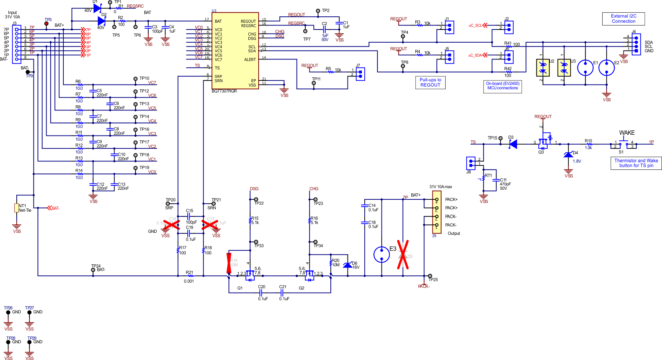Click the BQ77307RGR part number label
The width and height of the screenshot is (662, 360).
tap(224, 91)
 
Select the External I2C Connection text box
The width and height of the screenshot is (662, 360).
tap(623, 19)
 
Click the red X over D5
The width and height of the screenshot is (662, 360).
tap(403, 255)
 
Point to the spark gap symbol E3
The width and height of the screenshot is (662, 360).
tap(381, 254)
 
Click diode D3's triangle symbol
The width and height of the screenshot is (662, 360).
tap(513, 144)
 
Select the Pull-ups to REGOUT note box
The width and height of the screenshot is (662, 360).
tap(430, 83)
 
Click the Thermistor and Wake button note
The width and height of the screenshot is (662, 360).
tap(636, 163)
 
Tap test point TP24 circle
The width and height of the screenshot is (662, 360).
tap(93, 270)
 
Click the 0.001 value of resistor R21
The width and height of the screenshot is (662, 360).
tap(189, 281)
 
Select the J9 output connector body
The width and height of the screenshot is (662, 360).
tap(437, 212)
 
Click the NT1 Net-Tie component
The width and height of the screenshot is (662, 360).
tap(17, 208)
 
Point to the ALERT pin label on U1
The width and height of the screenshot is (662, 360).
tap(250, 60)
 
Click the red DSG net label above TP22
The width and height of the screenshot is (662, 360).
tap(254, 189)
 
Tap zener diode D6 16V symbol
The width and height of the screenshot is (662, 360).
tap(348, 265)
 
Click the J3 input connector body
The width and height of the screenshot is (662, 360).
tap(16, 43)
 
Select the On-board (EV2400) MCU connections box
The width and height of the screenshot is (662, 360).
tap(503, 86)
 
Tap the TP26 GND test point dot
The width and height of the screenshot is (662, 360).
tap(8, 313)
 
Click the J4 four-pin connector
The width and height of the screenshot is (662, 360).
tap(636, 44)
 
